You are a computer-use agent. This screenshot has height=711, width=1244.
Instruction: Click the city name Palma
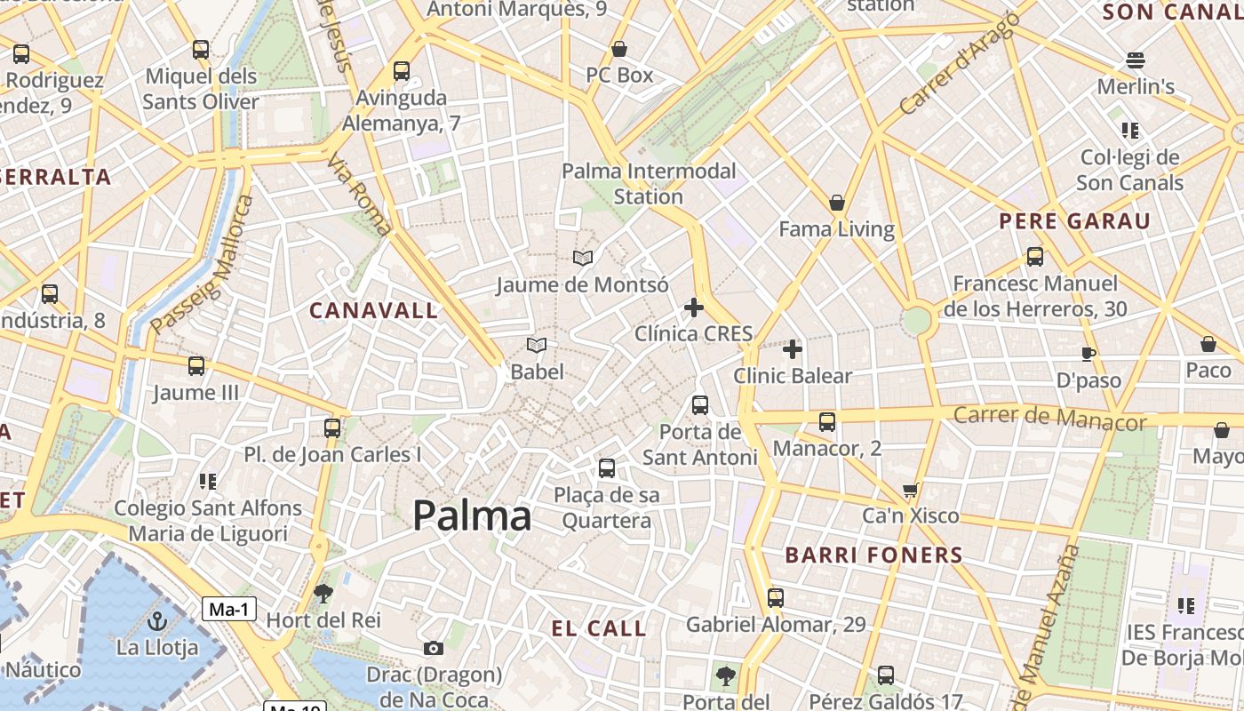[x=472, y=515]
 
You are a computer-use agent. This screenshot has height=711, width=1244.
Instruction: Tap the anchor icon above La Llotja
[x=157, y=620]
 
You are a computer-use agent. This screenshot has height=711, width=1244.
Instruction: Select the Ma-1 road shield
[x=230, y=609]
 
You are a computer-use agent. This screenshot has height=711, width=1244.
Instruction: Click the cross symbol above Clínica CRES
[x=694, y=308]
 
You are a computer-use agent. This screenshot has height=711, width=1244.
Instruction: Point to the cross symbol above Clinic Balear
[x=793, y=349]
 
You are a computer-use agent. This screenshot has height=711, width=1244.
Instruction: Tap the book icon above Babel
[x=537, y=345]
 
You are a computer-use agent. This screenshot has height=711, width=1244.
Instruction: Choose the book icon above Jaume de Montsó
[x=583, y=259]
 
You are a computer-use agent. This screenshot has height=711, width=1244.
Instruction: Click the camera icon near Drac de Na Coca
[x=434, y=648]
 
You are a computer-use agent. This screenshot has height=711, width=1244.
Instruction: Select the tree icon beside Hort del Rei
[x=323, y=593]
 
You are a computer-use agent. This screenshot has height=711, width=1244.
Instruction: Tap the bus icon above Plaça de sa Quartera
[x=607, y=467]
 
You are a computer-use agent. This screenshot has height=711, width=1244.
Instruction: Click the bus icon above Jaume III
[x=196, y=365]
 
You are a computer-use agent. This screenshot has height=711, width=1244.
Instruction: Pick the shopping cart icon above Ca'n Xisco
[x=911, y=489]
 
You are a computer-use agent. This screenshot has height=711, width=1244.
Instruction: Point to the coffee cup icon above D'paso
[x=1088, y=354]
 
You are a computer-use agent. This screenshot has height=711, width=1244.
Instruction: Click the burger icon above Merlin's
[x=1136, y=60]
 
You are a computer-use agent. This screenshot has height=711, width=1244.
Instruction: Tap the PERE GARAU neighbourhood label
[x=1074, y=221]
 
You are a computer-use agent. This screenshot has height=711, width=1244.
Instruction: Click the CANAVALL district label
[x=373, y=310]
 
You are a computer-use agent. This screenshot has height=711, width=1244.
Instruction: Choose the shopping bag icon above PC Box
[x=619, y=49]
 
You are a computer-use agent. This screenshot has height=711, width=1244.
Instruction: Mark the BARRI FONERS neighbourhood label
[x=873, y=555]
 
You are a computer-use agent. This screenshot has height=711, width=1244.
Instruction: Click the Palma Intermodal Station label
[x=649, y=183]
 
